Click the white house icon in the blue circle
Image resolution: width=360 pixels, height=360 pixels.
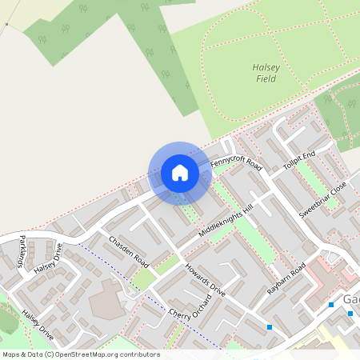coord(180,173)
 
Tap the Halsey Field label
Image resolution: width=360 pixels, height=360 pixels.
coord(264,74)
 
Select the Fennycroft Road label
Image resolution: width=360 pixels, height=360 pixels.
coord(237,164)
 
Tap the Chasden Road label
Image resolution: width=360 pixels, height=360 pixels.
coord(130,250)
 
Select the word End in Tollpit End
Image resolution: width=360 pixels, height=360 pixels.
coord(310,154)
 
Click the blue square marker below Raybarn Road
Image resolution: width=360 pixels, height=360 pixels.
coord(270,326)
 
